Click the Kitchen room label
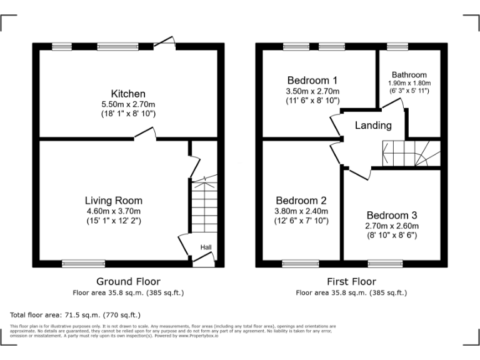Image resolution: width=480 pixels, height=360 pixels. pyautogui.click(x=128, y=94)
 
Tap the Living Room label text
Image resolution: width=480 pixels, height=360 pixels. pyautogui.click(x=113, y=201)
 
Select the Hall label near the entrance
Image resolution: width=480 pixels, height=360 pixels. pyautogui.click(x=206, y=247)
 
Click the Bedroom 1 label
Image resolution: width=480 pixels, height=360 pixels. pyautogui.click(x=312, y=80)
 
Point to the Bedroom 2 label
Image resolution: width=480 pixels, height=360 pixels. pyautogui.click(x=301, y=201)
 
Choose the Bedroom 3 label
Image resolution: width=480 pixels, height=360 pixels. pyautogui.click(x=392, y=214)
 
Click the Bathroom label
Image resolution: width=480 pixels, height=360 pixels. pyautogui.click(x=409, y=74)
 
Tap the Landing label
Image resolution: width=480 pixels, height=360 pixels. pyautogui.click(x=373, y=125)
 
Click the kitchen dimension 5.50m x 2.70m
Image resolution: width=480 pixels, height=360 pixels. pyautogui.click(x=128, y=104)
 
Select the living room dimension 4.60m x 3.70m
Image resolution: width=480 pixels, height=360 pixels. pyautogui.click(x=113, y=211)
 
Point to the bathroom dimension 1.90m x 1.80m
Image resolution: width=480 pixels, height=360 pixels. pyautogui.click(x=409, y=82)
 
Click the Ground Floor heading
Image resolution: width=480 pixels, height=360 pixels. pyautogui.click(x=128, y=281)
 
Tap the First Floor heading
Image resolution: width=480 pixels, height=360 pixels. pyautogui.click(x=351, y=281)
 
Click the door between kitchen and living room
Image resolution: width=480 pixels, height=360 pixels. pyautogui.click(x=145, y=133)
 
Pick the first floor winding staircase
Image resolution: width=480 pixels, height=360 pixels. pyautogui.click(x=411, y=153)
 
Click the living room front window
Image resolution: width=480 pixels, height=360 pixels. pyautogui.click(x=83, y=264)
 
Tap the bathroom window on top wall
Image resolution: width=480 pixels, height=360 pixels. pyautogui.click(x=396, y=46)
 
